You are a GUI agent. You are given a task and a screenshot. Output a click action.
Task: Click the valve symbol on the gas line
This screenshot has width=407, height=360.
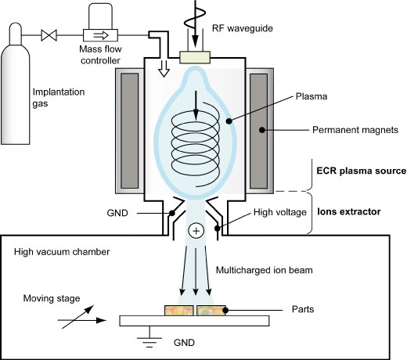click(x=49, y=35)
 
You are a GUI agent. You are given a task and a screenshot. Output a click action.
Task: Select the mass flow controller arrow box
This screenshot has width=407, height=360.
click(x=100, y=35)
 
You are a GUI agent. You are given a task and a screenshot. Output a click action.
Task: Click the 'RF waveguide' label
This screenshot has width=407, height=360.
click(x=243, y=28)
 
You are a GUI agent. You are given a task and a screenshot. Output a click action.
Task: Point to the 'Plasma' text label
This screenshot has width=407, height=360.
click(x=312, y=96)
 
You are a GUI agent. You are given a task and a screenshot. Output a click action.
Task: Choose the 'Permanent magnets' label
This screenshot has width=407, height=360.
click(x=355, y=130)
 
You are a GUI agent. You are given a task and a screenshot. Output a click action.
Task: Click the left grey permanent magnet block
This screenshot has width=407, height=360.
click(x=130, y=131)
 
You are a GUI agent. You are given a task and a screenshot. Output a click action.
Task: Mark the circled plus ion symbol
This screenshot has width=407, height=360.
click(x=196, y=231)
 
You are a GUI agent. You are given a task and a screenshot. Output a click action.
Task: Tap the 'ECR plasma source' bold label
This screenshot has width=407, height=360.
click(x=362, y=171)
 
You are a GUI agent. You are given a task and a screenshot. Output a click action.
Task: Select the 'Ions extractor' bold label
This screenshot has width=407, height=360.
click(x=349, y=211)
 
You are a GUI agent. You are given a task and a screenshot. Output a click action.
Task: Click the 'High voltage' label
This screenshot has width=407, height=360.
click(x=280, y=212)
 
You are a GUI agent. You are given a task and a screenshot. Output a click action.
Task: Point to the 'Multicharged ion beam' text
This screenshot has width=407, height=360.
click(x=265, y=270)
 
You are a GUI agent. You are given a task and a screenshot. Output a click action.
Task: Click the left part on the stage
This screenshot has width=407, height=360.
click(x=179, y=311)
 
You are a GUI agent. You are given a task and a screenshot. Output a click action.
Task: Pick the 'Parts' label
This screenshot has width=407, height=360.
click(x=303, y=309)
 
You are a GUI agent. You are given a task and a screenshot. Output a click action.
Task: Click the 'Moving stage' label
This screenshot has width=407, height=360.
click(x=52, y=298)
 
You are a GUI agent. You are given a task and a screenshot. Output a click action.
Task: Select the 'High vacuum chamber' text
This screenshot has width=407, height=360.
click(x=62, y=252)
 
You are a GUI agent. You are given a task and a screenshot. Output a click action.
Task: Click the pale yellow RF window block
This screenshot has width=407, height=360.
click(x=195, y=57)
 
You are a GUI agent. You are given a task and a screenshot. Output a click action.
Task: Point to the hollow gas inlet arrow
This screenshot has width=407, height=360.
click(x=164, y=69)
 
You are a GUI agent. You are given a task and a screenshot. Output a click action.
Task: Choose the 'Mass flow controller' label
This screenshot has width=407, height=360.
click(x=100, y=55)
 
